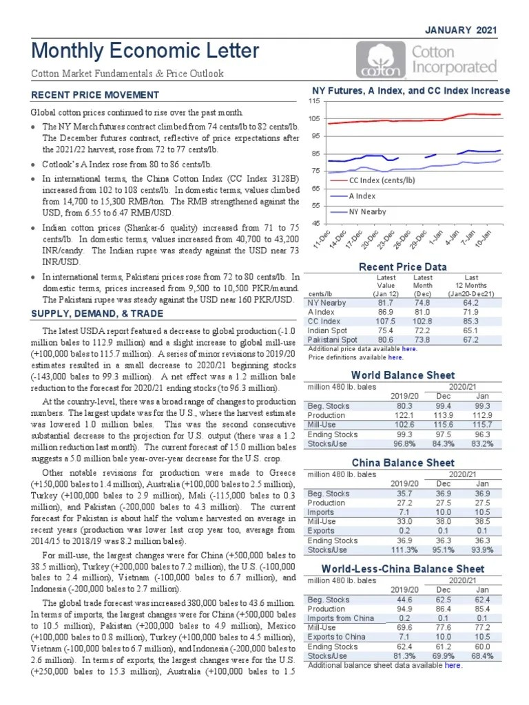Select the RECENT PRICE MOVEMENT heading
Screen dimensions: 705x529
[x=95, y=95]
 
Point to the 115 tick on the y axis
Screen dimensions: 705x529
[x=314, y=101]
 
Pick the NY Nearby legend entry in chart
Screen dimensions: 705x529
[x=367, y=212]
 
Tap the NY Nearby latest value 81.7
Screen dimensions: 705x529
[x=386, y=302]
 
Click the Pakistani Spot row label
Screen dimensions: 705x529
[x=332, y=339]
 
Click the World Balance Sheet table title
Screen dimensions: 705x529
[x=403, y=375]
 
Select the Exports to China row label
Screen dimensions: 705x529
[x=336, y=637]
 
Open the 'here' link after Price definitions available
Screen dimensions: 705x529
[x=395, y=357]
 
